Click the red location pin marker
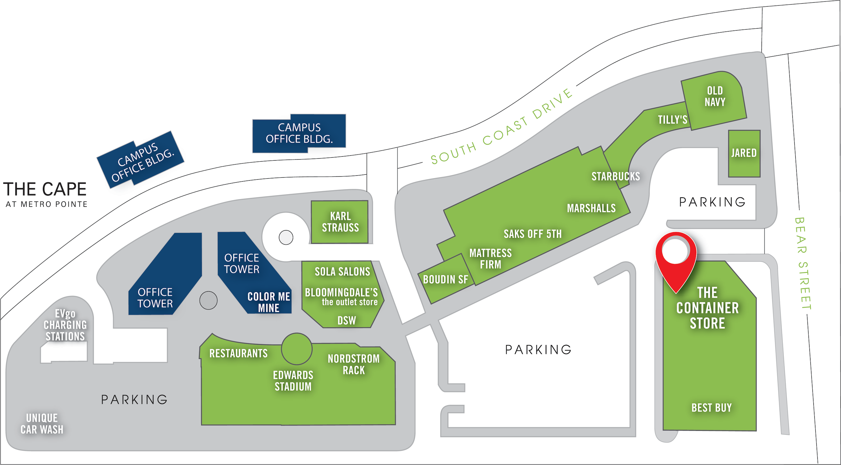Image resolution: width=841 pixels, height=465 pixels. point(675,259)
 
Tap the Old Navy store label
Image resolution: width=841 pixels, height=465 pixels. point(715,97)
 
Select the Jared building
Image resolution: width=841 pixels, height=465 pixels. point(744,153)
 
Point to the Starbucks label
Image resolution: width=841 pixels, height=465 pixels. point(616,177)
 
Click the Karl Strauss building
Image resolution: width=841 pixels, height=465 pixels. point(340,222)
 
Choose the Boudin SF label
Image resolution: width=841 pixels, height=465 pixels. point(445,280)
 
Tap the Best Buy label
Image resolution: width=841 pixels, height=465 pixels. point(712,408)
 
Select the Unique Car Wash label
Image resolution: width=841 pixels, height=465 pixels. point(42,424)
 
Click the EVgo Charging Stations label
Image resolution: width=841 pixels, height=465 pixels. point(65,325)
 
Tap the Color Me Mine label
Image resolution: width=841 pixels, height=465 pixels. point(269,302)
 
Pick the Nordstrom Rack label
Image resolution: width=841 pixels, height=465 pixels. point(353,364)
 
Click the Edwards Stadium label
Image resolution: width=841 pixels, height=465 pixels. point(293,381)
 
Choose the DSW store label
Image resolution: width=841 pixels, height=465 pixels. point(347,321)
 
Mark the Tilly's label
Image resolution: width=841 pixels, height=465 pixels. point(672,120)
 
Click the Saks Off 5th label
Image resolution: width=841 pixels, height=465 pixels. point(533,234)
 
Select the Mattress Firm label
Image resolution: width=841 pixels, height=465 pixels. point(490,259)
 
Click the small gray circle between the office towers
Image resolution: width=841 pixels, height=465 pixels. point(208,300)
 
